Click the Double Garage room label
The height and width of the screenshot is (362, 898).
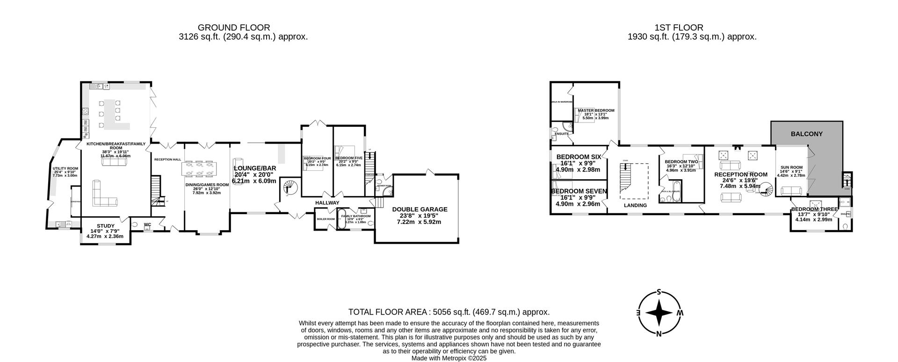coord(420,210)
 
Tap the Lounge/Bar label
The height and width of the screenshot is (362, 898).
coord(255,168)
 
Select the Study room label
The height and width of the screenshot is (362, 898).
coord(105,226)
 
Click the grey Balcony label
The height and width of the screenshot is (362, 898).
coord(806,134)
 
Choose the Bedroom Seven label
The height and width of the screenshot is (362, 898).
coord(579,191)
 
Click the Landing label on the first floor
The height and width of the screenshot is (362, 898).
coord(636,205)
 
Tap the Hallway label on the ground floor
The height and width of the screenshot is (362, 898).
coord(327,203)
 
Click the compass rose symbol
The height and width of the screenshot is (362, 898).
coord(659,313)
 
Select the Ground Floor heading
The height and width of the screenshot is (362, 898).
coord(234,28)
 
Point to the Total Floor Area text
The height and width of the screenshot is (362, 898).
coord(449,312)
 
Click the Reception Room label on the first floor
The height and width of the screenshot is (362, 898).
coord(740,174)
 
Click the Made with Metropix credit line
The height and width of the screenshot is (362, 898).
coord(449,358)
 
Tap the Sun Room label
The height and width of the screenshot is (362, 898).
coord(791,167)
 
